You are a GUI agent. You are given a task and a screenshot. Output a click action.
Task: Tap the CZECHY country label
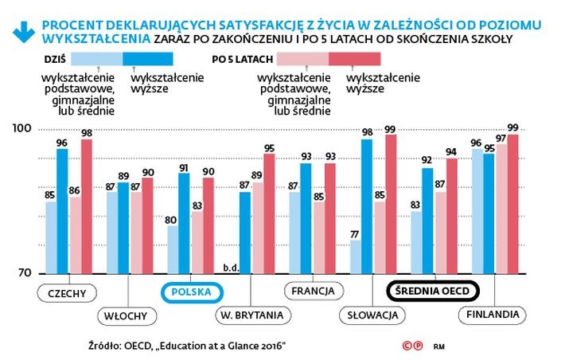[x=67, y=292]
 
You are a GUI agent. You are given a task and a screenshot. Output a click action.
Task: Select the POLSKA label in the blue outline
[x=189, y=292]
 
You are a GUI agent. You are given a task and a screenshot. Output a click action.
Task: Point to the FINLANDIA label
[x=494, y=315]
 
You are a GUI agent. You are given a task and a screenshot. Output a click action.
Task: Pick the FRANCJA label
[x=313, y=292]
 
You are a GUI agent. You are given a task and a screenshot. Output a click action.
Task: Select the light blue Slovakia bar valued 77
[x=357, y=256]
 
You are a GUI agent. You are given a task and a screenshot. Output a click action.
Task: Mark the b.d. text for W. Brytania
[x=233, y=268]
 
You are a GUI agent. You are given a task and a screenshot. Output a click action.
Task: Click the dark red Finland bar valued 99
[x=513, y=204]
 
